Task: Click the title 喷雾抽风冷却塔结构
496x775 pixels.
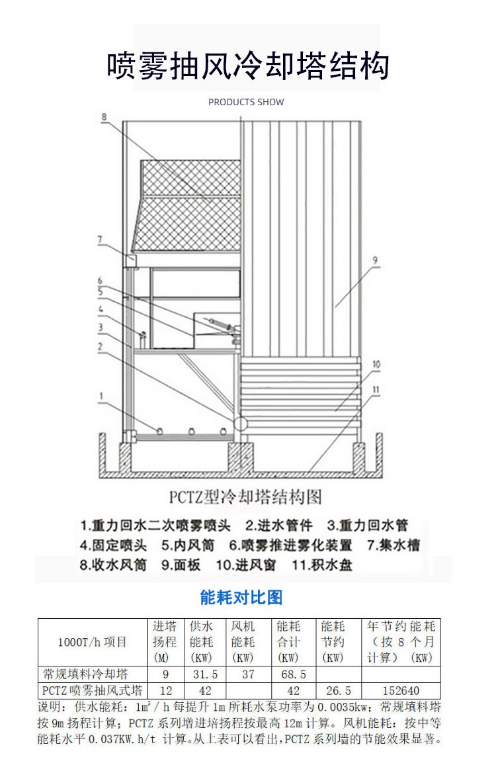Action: [248, 65]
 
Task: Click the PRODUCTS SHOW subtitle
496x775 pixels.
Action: [246, 103]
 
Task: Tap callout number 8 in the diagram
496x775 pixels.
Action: [104, 117]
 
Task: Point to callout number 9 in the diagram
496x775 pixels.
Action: [376, 261]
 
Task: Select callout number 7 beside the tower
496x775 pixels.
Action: [100, 240]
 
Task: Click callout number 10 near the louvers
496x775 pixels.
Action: [376, 364]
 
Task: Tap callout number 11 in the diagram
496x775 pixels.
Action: [376, 389]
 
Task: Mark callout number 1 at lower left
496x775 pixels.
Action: [101, 396]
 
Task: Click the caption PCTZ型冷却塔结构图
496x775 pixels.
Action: [245, 497]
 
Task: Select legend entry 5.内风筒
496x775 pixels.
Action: [188, 545]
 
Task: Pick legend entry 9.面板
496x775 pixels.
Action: [181, 565]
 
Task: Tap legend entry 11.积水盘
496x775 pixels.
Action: [321, 565]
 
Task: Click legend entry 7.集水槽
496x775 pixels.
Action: [393, 545]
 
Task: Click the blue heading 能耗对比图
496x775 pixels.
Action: [241, 598]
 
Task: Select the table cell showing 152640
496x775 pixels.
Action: [401, 690]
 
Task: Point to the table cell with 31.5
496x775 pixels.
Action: [205, 674]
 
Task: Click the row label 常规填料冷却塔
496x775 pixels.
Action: [85, 674]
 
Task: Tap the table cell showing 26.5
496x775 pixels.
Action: [339, 690]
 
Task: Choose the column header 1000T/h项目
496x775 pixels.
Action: [93, 642]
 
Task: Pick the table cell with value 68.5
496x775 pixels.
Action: [294, 674]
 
